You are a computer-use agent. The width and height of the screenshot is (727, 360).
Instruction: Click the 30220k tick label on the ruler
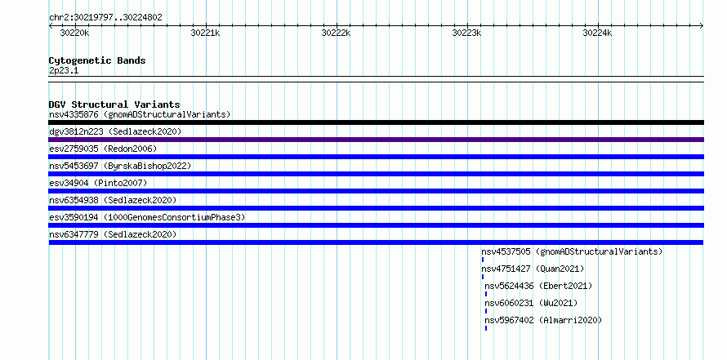click(74, 33)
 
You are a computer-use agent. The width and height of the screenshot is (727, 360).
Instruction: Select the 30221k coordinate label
click(205, 33)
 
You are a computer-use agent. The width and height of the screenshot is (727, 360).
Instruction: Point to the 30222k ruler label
click(337, 33)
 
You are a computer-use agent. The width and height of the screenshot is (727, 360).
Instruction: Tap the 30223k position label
click(467, 33)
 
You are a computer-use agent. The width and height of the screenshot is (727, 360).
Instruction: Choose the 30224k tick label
click(598, 33)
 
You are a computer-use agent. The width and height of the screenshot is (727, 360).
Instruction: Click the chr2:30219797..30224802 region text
click(105, 18)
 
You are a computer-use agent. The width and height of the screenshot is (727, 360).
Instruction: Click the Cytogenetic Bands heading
click(97, 60)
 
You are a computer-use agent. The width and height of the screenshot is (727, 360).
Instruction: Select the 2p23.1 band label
click(64, 71)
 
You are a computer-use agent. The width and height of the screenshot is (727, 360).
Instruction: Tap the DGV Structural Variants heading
click(114, 104)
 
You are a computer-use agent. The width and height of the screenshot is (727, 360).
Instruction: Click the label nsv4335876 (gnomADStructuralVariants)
click(140, 114)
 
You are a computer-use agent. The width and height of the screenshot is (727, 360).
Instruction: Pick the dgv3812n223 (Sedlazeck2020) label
click(115, 131)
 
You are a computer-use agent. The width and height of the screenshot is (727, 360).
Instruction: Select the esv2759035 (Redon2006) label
click(104, 149)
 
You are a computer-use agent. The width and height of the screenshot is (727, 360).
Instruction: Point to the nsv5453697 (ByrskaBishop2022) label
click(121, 166)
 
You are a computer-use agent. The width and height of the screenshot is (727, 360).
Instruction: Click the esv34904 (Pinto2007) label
click(98, 183)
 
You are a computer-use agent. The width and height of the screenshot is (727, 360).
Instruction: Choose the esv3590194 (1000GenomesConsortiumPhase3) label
click(147, 217)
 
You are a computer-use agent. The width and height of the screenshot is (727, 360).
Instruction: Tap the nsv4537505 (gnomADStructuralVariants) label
click(572, 251)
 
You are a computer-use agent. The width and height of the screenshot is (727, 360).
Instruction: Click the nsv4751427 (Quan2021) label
click(533, 269)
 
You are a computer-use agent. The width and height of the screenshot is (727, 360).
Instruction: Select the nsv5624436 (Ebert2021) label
click(539, 286)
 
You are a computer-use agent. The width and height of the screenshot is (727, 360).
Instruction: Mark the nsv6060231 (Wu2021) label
click(531, 303)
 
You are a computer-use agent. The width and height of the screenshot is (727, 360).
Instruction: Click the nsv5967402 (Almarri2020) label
click(543, 320)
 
